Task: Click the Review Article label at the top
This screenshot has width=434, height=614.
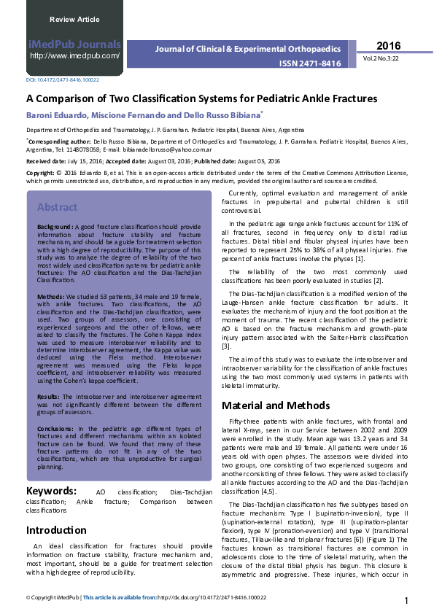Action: [x=74, y=19]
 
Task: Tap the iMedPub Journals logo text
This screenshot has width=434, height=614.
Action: [x=74, y=44]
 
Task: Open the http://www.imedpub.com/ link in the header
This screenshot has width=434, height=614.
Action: [x=74, y=55]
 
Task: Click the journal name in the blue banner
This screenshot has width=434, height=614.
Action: [x=249, y=49]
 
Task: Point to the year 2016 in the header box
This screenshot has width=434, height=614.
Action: [x=389, y=46]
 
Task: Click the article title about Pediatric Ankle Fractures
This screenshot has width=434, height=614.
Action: [x=201, y=98]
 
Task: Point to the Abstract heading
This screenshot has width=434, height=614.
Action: [x=57, y=207]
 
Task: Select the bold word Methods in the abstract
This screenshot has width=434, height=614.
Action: [x=51, y=298]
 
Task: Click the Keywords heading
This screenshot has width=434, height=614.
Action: [x=51, y=470]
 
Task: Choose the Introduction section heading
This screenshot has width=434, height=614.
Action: [x=56, y=529]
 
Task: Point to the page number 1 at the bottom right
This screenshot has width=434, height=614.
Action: [x=405, y=600]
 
